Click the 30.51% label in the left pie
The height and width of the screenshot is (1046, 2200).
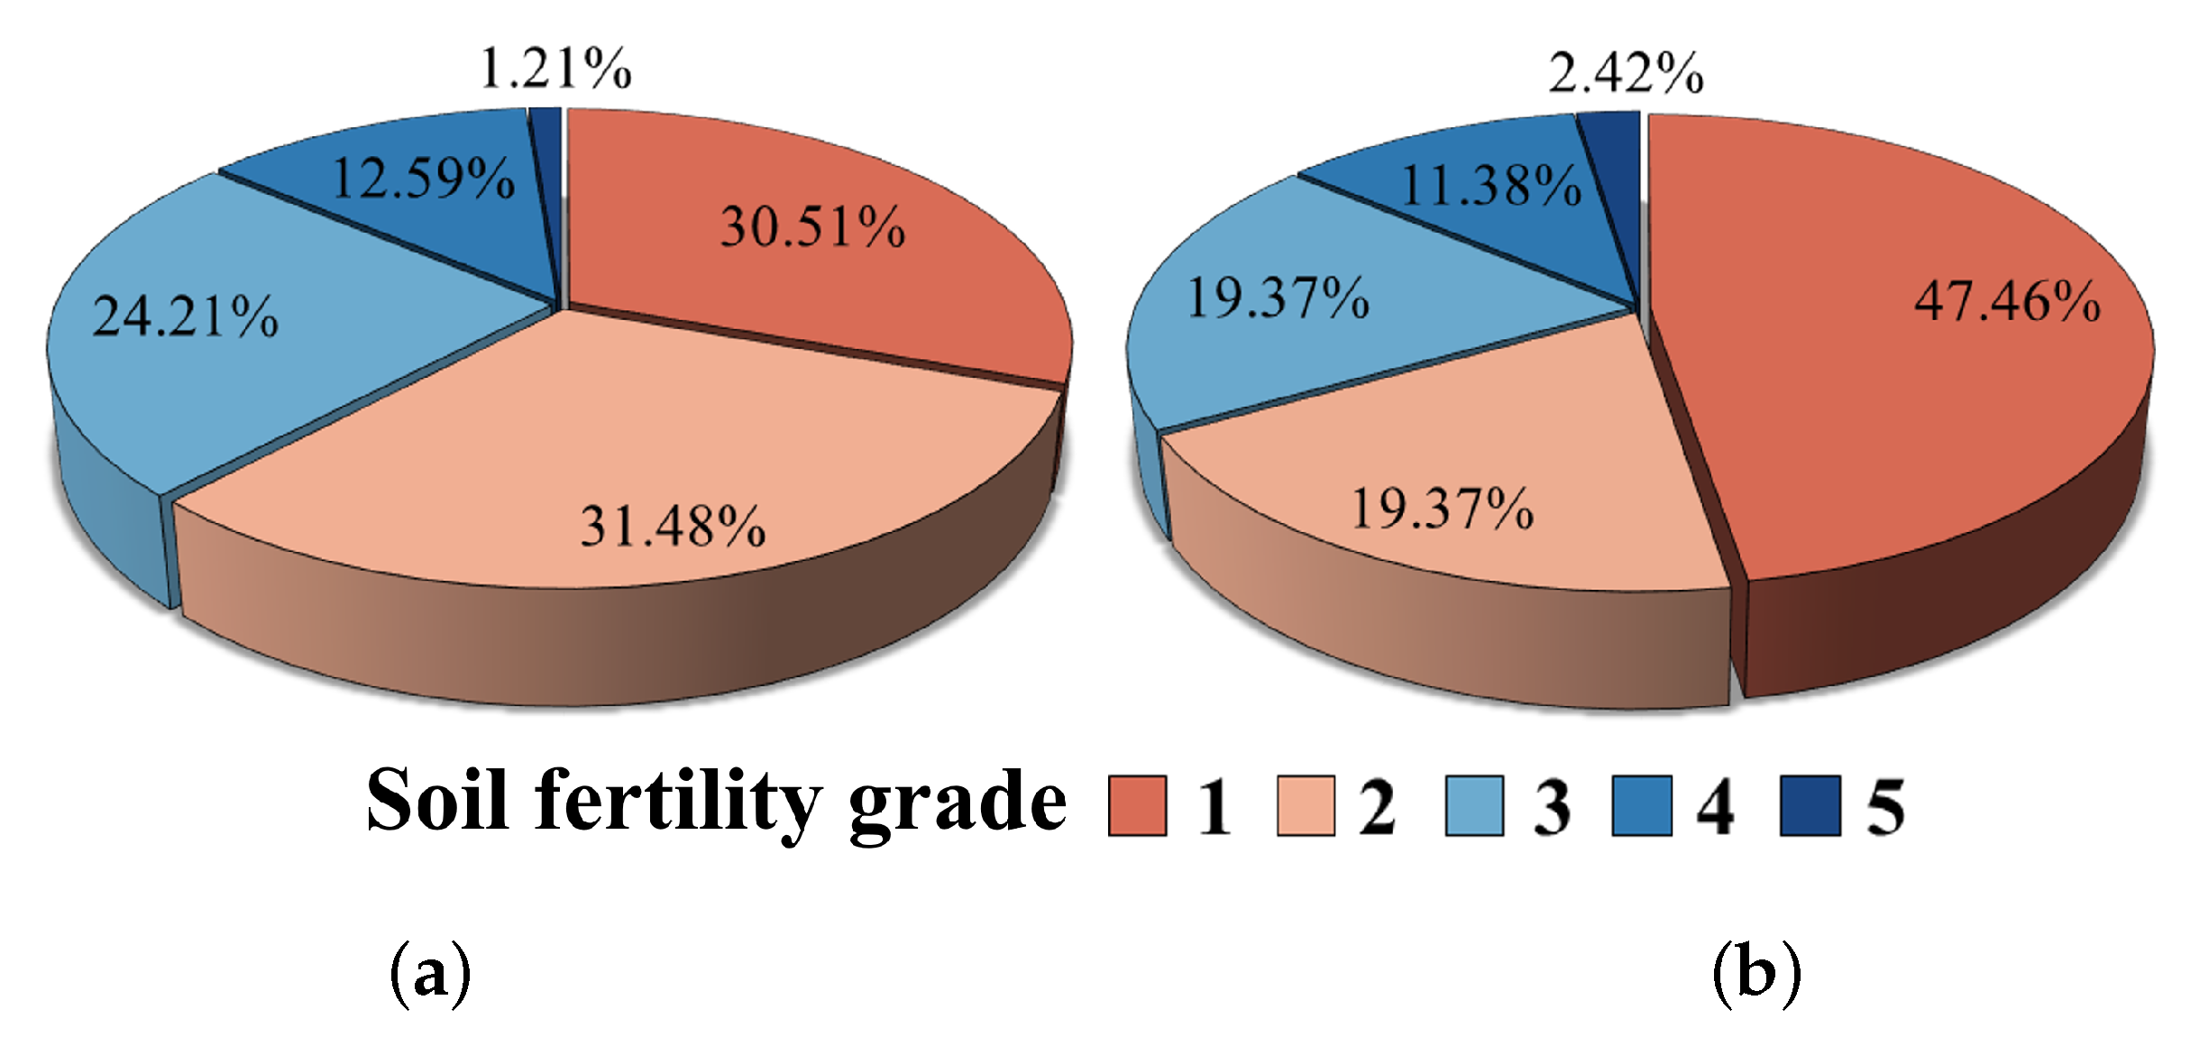click(812, 226)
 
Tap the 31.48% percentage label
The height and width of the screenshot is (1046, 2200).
click(673, 527)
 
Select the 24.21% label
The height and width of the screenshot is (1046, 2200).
click(186, 317)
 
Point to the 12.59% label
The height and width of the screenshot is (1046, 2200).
click(424, 178)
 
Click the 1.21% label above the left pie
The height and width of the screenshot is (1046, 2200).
click(555, 69)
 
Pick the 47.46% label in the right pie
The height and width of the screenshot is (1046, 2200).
click(2007, 301)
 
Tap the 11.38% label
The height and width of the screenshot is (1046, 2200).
click(1491, 187)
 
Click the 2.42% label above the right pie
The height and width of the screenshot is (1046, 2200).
click(1626, 73)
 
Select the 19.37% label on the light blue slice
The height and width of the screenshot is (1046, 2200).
click(1278, 298)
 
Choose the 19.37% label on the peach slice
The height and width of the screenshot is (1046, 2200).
click(1442, 509)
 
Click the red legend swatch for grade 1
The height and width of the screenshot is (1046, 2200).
click(1137, 805)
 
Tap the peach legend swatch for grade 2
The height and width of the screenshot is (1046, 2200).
click(1306, 805)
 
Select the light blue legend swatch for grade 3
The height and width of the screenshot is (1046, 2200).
click(1474, 805)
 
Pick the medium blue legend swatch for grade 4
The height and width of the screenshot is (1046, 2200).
click(1642, 805)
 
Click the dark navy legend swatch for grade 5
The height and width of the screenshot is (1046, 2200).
click(1810, 805)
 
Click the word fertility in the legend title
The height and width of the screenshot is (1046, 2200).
click(678, 801)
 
